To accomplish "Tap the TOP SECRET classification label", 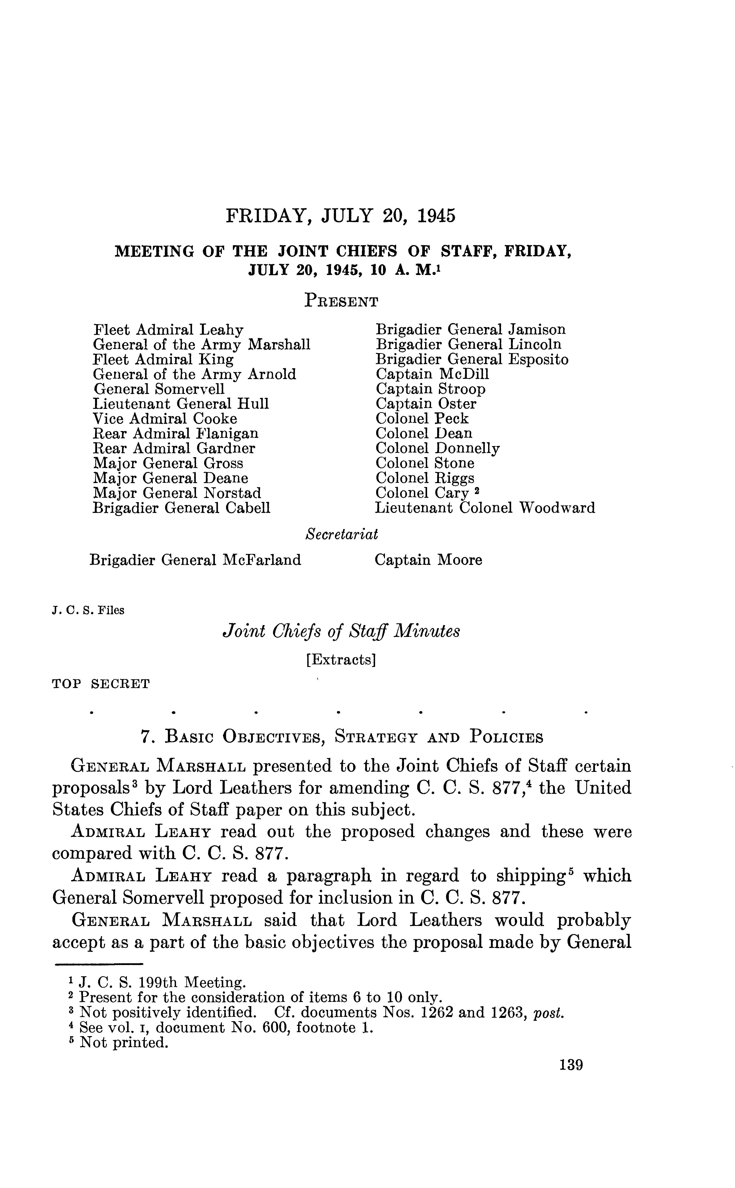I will click(x=101, y=684).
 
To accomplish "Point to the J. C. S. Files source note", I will click(x=88, y=611).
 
